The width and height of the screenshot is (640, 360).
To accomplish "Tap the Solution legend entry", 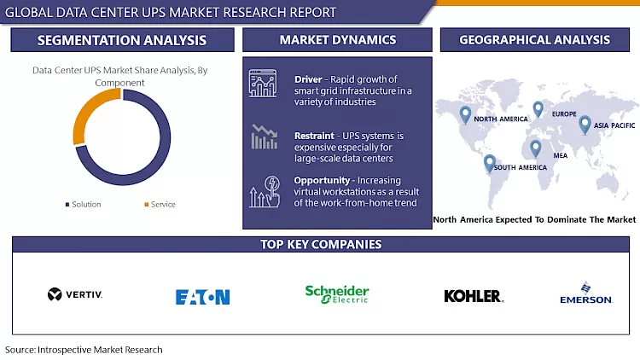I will tap(83, 205).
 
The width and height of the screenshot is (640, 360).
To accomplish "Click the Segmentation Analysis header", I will tap(121, 40).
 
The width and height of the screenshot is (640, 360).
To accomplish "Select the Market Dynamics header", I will tap(338, 40).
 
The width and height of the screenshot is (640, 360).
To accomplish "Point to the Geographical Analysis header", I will tap(534, 40).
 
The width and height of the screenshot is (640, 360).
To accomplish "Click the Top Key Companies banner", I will tap(320, 245).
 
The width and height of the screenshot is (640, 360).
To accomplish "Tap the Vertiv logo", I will tap(75, 295).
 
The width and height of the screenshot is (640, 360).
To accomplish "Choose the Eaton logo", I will tap(202, 297).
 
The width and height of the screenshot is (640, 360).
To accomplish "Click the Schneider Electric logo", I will tap(337, 294).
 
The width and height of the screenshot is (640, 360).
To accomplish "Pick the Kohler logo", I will tap(473, 296).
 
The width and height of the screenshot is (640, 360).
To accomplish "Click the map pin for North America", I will tap(465, 113).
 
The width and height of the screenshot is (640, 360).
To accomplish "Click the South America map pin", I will tap(489, 162).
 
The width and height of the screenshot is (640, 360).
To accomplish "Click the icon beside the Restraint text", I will tap(264, 136).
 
